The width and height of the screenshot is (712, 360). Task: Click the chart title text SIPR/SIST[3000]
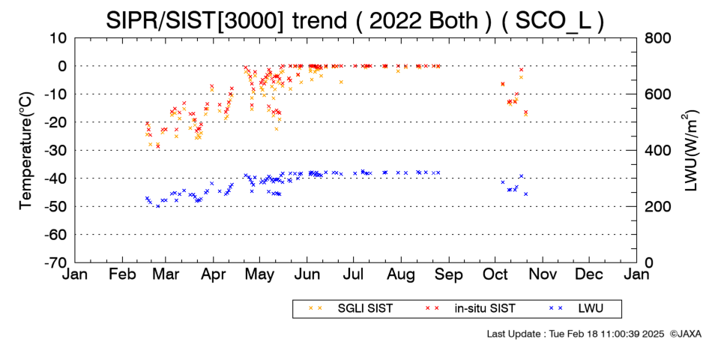pyautogui.click(x=195, y=21)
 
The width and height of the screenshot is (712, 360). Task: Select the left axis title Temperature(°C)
pyautogui.click(x=26, y=151)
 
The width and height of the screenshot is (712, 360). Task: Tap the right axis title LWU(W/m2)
pyautogui.click(x=690, y=151)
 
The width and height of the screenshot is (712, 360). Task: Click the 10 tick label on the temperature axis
pyautogui.click(x=58, y=38)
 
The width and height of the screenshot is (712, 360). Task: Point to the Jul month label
pyautogui.click(x=353, y=274)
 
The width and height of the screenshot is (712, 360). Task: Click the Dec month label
pyautogui.click(x=589, y=274)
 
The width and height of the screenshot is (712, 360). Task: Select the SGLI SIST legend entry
pyautogui.click(x=365, y=309)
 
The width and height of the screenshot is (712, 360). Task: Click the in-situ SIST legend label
pyautogui.click(x=485, y=309)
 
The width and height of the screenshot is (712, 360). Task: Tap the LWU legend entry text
pyautogui.click(x=591, y=309)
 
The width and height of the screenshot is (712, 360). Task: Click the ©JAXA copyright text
pyautogui.click(x=685, y=334)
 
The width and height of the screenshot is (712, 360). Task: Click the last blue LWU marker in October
pyautogui.click(x=526, y=194)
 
